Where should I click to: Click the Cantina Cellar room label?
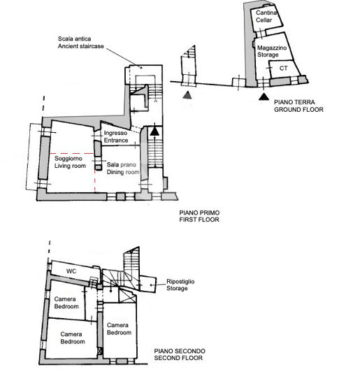pos(265,17)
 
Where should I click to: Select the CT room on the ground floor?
pos(282,68)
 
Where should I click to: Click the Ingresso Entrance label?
pos(115,137)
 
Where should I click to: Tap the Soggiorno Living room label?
pos(70,161)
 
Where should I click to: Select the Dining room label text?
pos(124,169)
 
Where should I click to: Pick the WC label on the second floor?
pos(71,271)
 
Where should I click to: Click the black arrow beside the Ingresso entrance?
pos(155,129)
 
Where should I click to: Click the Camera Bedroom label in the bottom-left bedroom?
pos(72,338)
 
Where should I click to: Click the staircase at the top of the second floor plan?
pos(131,263)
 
